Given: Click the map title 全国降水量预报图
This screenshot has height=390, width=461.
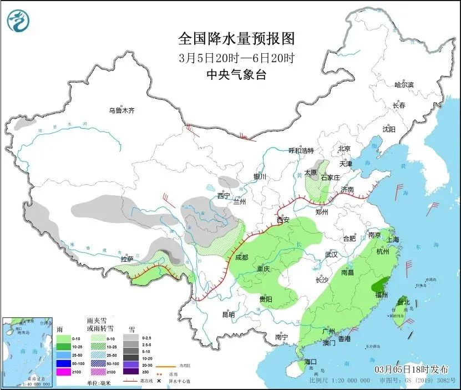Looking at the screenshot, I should click(x=236, y=38).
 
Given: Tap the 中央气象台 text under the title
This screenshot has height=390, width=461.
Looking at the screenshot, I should click(x=236, y=75).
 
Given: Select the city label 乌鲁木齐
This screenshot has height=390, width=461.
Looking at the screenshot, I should click(x=121, y=111).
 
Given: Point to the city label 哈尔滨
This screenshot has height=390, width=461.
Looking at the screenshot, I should click(x=404, y=85).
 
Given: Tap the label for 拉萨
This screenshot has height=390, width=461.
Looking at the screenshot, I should click(x=127, y=259).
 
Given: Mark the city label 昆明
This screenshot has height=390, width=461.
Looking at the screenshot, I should click(x=228, y=315).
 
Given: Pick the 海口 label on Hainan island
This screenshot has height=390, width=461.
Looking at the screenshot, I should click(x=311, y=362).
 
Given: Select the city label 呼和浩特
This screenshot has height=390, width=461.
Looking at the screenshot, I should click(x=301, y=150).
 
